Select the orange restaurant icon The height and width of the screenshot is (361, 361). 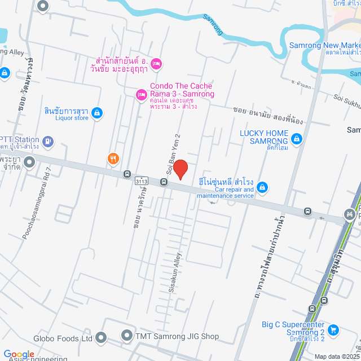[x=113, y=159]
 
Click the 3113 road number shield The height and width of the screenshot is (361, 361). [x=142, y=181]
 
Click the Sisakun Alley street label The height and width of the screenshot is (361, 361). [x=174, y=271]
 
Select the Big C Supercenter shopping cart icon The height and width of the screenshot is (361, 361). [x=333, y=329]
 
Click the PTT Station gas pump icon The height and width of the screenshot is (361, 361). [x=49, y=140]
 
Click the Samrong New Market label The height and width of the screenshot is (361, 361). [x=325, y=45]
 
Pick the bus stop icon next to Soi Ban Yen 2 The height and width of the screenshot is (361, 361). [x=164, y=182]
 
